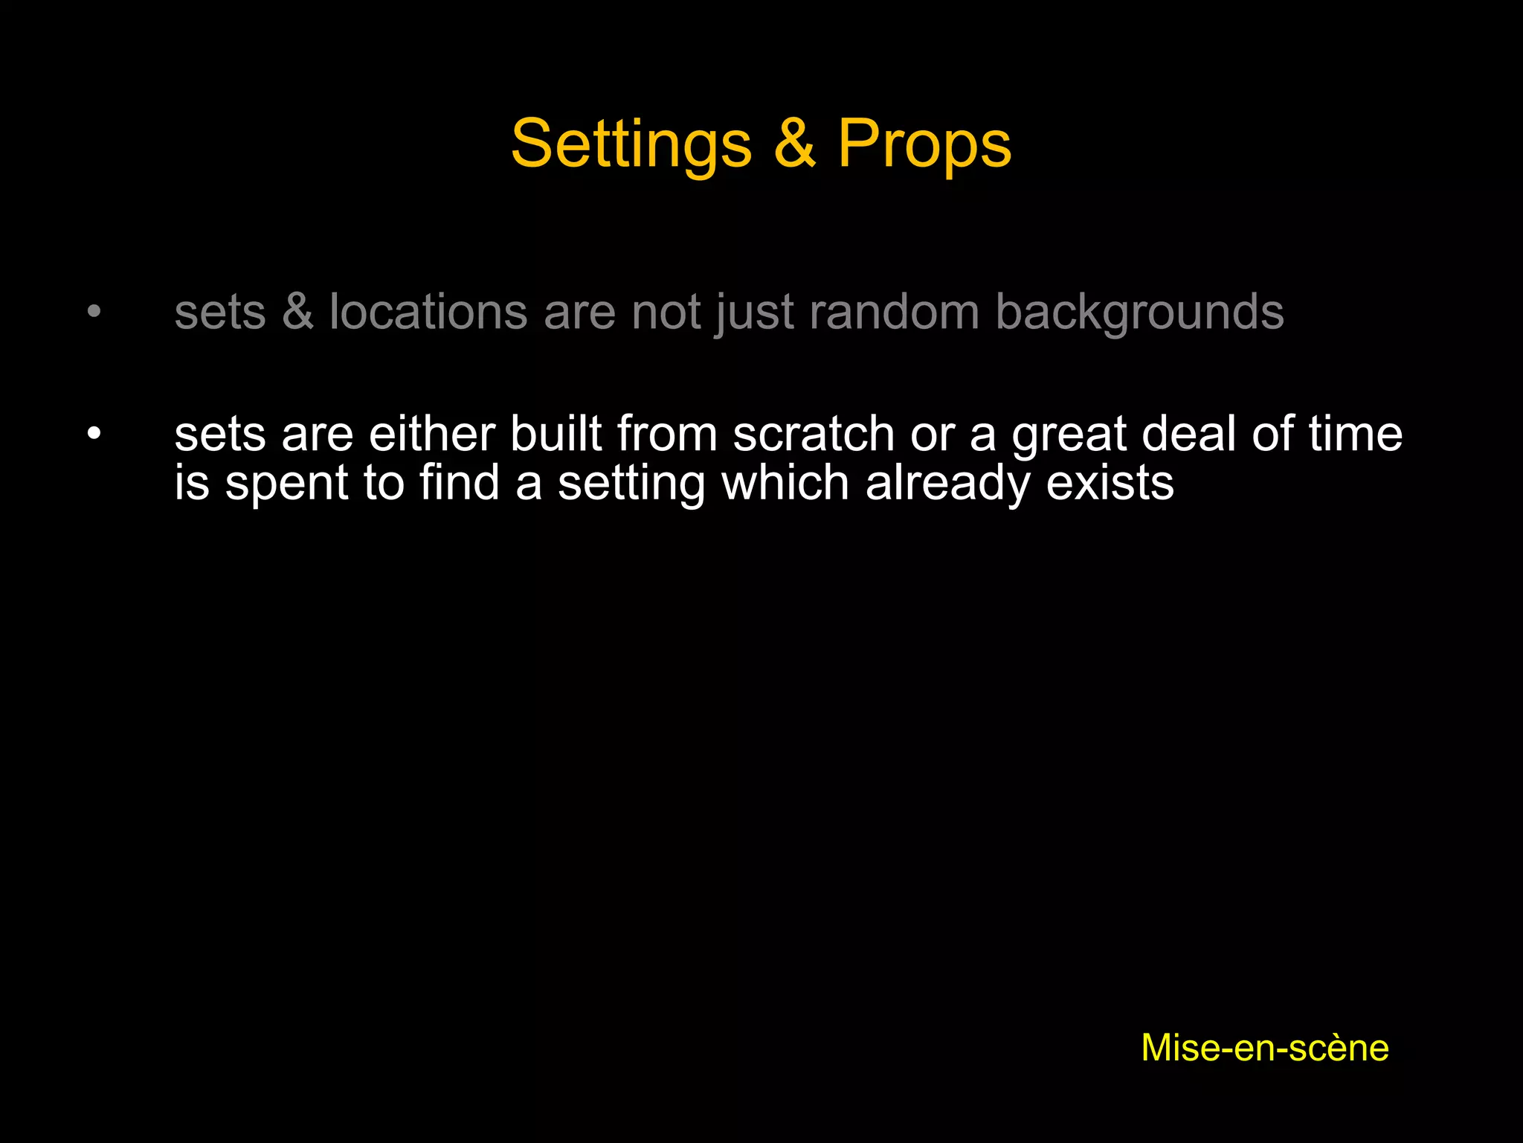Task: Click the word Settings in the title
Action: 631,144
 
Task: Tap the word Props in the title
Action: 924,144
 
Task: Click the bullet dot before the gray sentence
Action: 93,311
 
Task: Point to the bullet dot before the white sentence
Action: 93,434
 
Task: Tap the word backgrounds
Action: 1139,313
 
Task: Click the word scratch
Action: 814,434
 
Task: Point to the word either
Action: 431,434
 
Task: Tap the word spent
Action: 286,484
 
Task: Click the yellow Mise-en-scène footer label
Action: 1264,1048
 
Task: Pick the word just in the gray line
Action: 755,313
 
